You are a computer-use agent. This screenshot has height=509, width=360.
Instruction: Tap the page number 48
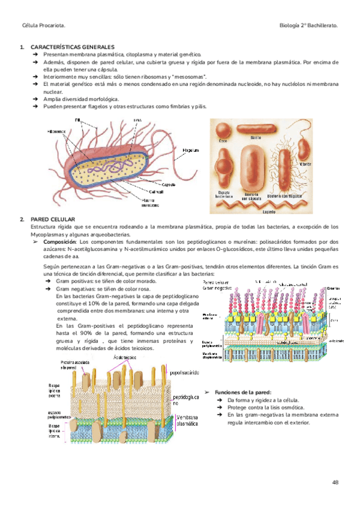(335, 483)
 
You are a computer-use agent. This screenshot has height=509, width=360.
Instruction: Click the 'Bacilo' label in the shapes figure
(255, 137)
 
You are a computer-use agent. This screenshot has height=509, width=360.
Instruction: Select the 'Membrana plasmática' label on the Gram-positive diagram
(187, 419)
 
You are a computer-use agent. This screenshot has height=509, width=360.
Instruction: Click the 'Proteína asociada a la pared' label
(76, 366)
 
